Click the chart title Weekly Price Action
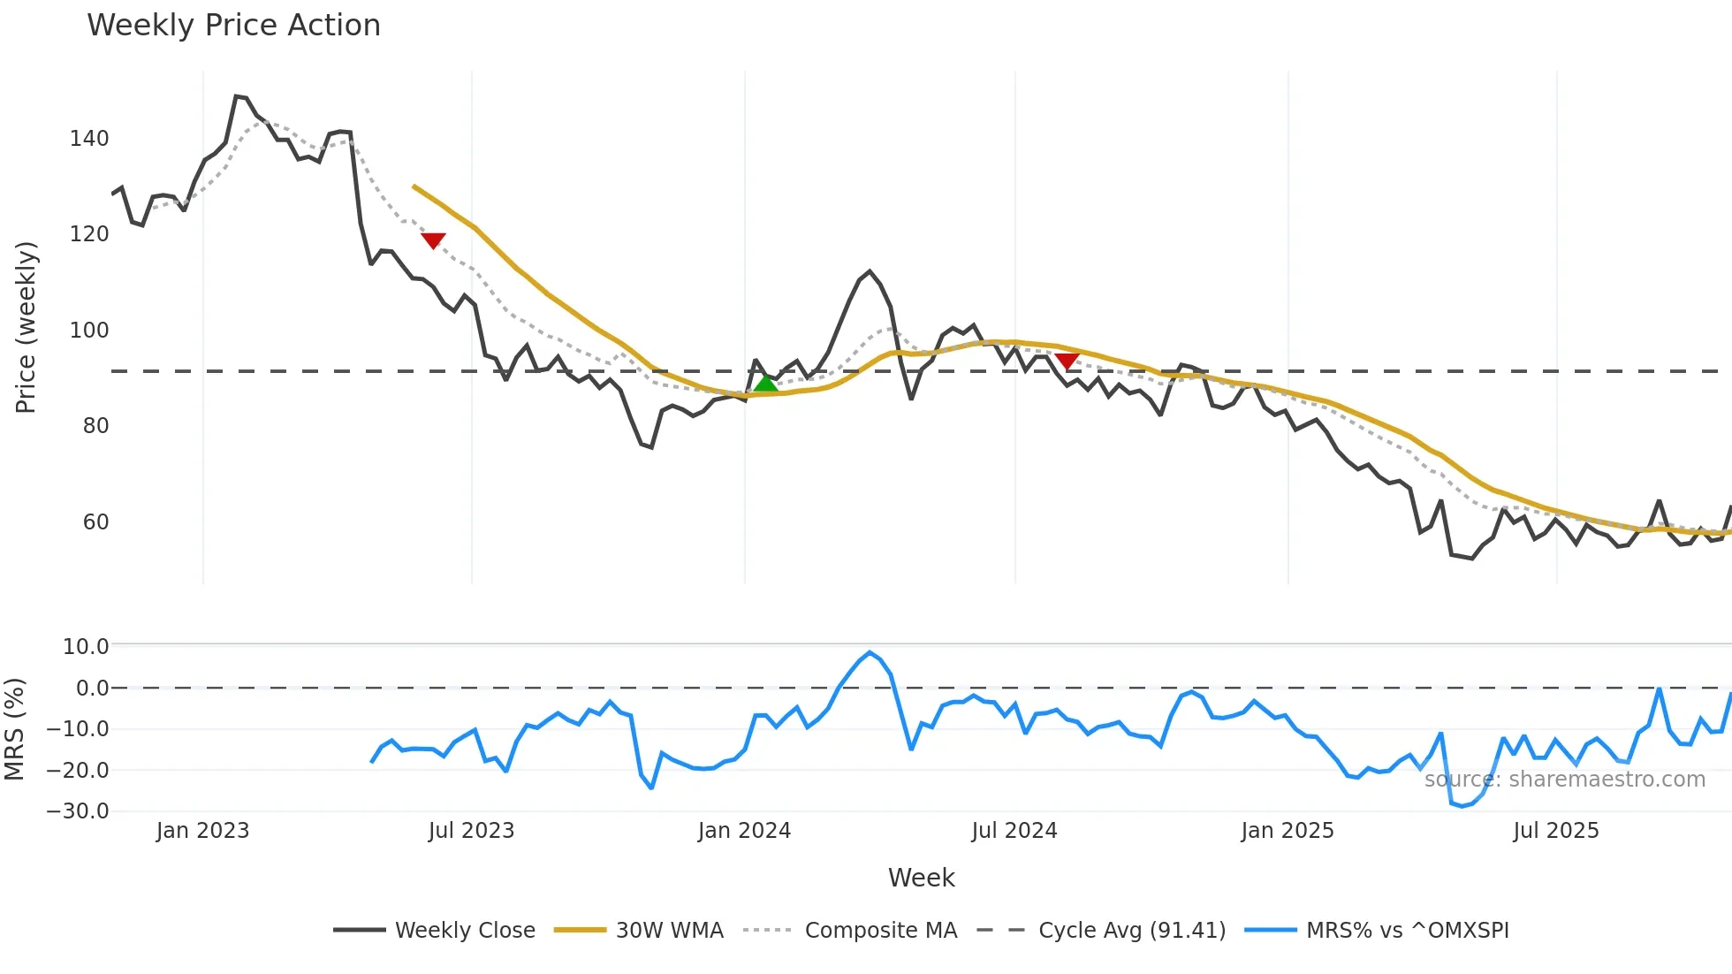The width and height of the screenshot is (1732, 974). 233,26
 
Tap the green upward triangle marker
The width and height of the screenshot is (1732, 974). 766,383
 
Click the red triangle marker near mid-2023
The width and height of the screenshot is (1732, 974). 433,240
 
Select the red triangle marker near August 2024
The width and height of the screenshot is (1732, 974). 1067,361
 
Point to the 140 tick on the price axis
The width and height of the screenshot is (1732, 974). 89,139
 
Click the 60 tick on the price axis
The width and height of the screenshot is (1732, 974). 95,522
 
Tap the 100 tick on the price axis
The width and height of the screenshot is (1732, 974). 89,331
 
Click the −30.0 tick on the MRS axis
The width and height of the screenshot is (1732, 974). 78,811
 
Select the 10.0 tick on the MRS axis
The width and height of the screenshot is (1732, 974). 86,647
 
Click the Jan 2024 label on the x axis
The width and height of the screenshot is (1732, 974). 744,831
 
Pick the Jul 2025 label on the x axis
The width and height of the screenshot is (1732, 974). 1556,831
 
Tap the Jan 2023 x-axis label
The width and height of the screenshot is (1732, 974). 202,831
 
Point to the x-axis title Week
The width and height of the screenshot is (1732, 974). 921,878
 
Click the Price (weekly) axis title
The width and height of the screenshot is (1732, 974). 26,327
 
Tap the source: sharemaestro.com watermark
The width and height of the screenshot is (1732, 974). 1564,780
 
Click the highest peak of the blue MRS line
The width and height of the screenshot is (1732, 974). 870,653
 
